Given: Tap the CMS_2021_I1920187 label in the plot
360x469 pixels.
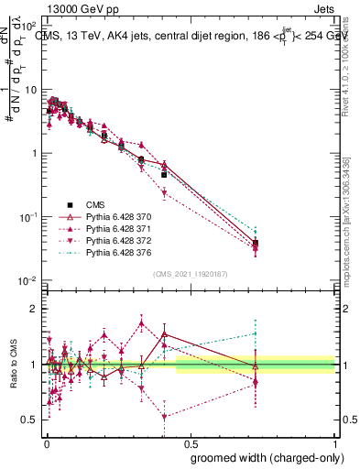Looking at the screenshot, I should pyautogui.click(x=191, y=274).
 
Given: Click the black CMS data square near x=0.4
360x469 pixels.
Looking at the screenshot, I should pyautogui.click(x=164, y=174).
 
